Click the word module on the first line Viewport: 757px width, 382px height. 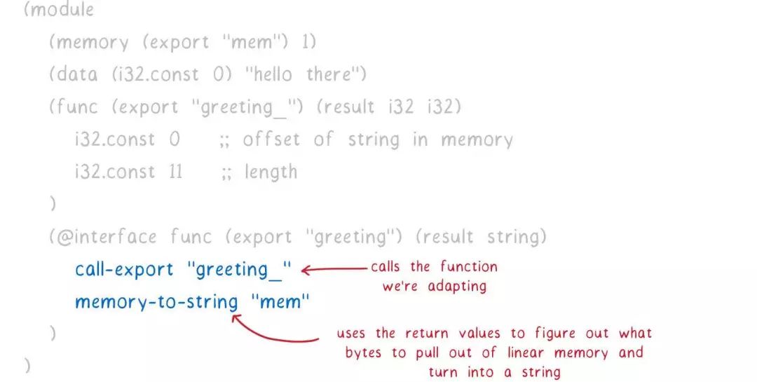63,11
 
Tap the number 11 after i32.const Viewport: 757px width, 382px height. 175,172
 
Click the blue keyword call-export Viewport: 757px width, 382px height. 124,269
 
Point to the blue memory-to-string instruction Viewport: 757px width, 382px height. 156,302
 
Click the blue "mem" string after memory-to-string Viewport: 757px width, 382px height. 280,302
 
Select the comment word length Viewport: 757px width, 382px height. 271,172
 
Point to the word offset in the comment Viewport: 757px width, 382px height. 271,139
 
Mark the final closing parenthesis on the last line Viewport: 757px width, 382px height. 28,365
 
